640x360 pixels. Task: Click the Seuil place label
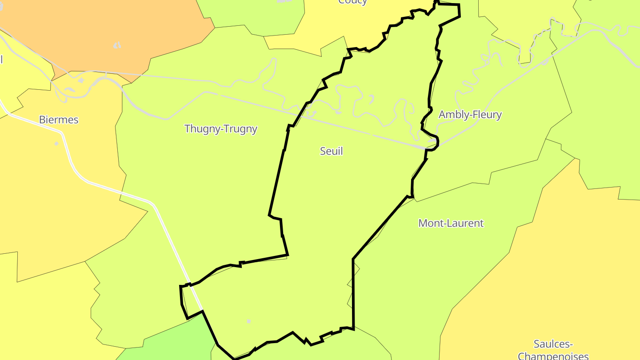tap(332, 151)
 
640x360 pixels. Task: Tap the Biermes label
tap(59, 120)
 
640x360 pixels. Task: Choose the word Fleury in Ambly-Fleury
tap(485, 115)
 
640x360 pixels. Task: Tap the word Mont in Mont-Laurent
tap(429, 223)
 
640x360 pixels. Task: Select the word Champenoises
tap(553, 356)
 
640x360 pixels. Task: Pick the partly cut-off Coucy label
tap(352, 2)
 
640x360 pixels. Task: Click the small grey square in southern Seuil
tap(249, 321)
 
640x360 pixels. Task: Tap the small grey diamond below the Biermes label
tap(56, 144)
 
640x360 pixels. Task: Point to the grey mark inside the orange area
tap(117, 45)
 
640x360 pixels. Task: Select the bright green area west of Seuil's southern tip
tap(178, 342)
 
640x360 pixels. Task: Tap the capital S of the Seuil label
tap(323, 151)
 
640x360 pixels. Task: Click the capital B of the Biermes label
tap(42, 120)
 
